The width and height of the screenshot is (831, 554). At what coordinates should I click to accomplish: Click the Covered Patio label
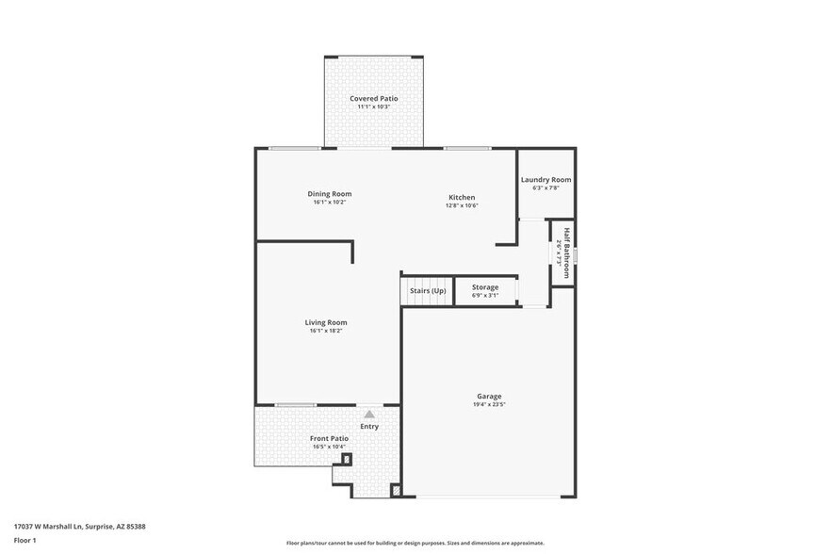coord(373,98)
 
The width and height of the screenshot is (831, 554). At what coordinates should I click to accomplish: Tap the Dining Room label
coord(329,194)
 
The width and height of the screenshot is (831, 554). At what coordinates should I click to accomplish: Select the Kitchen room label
coord(462,197)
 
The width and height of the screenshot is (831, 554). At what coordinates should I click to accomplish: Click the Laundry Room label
coord(546,179)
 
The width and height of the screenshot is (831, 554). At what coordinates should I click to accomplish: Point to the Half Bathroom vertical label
coord(566,253)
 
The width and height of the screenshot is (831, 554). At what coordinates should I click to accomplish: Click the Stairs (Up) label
coord(428,290)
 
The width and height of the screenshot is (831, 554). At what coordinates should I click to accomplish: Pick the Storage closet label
coord(485,286)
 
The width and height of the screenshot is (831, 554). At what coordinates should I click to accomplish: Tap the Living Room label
coord(326,322)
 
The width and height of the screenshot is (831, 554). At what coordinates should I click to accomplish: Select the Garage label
coord(488,396)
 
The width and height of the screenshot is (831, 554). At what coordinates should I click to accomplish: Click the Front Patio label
coord(329,438)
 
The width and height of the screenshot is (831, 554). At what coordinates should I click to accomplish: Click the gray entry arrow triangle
coord(369,414)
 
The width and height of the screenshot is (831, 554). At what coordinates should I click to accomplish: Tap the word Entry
coord(369,427)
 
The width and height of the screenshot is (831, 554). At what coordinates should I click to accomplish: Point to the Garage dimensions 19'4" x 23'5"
coord(488,404)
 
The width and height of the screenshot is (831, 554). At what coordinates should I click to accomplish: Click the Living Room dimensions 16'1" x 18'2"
coord(326,331)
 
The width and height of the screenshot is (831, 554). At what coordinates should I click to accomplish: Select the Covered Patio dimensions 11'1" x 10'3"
coord(373,106)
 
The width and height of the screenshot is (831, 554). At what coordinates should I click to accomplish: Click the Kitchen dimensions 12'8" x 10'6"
coord(462,205)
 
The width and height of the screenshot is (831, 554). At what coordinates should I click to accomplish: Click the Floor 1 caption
coord(25,540)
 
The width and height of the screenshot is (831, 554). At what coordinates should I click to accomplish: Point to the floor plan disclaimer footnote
coord(415,543)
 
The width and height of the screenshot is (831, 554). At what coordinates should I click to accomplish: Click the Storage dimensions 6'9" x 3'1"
coord(485,295)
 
